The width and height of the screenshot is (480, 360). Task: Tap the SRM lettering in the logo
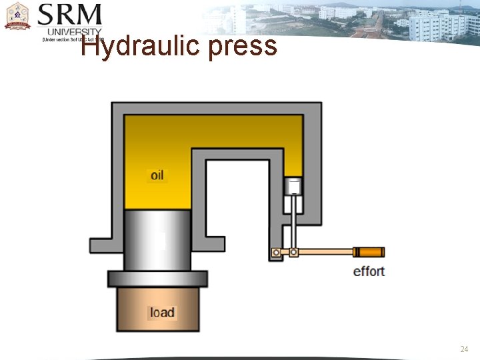69,16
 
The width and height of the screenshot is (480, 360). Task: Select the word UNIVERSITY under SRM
74,32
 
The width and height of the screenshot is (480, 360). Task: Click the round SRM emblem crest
17,16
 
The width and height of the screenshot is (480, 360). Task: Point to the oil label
157,175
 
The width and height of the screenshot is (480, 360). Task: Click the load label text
162,312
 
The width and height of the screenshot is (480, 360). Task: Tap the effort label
369,271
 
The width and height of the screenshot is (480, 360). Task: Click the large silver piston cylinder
157,240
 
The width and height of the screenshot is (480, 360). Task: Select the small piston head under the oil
293,186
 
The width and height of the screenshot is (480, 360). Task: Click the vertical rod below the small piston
293,223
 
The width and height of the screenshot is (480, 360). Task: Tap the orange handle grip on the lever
370,252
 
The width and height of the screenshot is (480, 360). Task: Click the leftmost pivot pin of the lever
275,253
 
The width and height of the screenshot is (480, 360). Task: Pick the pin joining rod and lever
293,253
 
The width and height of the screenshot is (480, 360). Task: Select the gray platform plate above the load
157,279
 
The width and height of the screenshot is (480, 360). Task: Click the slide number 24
464,349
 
